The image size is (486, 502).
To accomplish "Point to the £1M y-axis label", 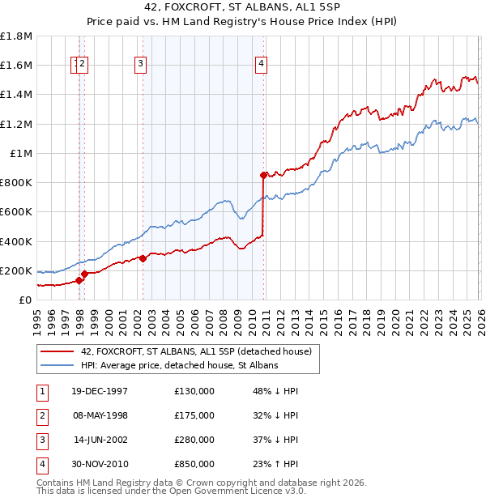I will point(21,153).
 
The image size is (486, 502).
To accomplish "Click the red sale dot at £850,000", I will point(263,174).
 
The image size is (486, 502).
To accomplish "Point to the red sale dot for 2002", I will point(143,258).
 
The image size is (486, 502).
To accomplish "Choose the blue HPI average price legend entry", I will point(179,366).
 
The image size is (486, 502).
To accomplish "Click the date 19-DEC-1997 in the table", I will point(99,391).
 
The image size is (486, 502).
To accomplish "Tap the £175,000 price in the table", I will point(194,415).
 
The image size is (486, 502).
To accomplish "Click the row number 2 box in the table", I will point(40,415).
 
